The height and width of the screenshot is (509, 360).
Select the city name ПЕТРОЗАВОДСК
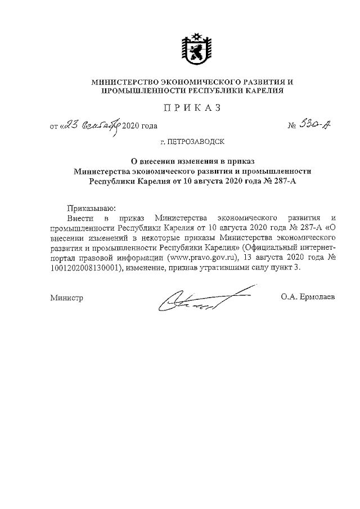point(197,143)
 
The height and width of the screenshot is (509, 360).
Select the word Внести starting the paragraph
point(77,218)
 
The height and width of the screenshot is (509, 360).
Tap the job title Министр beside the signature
point(66,298)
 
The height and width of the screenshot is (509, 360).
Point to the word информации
point(137,258)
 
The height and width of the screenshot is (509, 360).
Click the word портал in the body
point(62,258)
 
